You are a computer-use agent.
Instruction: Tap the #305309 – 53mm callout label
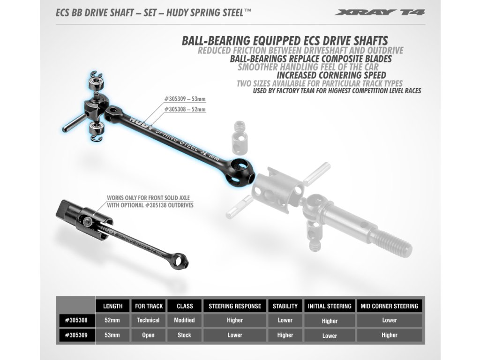pyautogui.click(x=185, y=99)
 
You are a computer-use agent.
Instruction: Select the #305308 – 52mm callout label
pyautogui.click(x=185, y=109)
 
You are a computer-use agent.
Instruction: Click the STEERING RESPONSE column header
pyautogui.click(x=235, y=306)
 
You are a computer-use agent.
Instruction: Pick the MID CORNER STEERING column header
pyautogui.click(x=390, y=306)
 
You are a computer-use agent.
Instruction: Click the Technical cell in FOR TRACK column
pyautogui.click(x=149, y=321)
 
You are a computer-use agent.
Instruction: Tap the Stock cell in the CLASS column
pyautogui.click(x=185, y=335)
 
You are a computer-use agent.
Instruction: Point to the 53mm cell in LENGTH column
pyautogui.click(x=112, y=335)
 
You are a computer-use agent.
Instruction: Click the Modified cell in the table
pyautogui.click(x=185, y=321)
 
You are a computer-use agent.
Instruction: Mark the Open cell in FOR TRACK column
pyautogui.click(x=149, y=335)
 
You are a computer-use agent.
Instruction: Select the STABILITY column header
pyautogui.click(x=285, y=306)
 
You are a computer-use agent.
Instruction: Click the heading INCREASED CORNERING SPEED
pyautogui.click(x=331, y=75)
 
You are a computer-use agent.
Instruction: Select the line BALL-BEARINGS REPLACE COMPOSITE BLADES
pyautogui.click(x=311, y=59)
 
